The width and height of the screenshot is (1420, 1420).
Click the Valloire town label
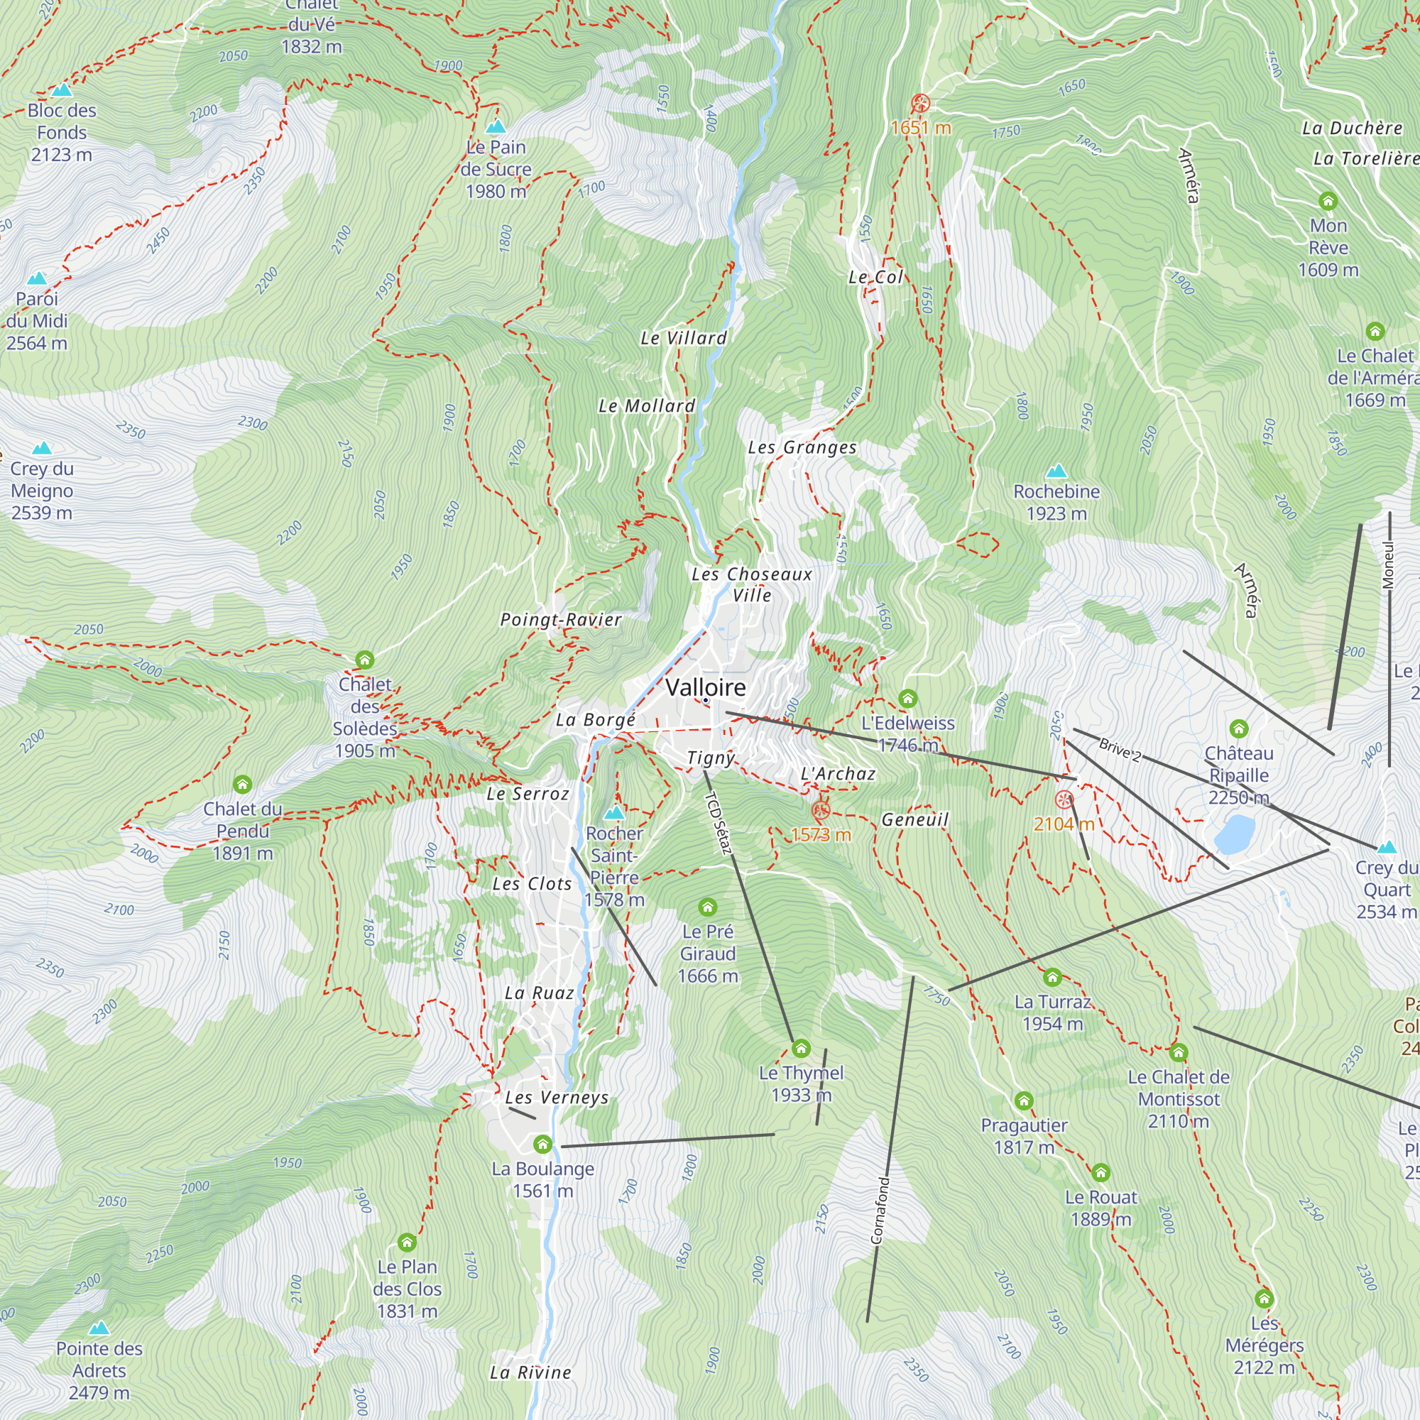pos(705,687)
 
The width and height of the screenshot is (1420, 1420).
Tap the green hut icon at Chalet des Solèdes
pos(364,660)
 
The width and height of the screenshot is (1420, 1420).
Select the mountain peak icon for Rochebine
pos(1056,471)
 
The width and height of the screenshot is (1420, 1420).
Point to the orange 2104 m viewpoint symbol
pos(1064,799)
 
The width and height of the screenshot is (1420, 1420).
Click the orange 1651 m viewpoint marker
pos(920,103)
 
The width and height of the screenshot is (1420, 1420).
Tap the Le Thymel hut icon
pos(801,1047)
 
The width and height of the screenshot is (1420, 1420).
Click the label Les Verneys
pos(557,1098)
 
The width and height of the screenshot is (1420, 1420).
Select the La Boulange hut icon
pos(542,1144)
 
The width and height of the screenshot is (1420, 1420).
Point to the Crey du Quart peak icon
pos(1386,847)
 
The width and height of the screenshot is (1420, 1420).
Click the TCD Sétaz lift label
pos(718,823)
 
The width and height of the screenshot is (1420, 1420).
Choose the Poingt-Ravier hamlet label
pos(561,620)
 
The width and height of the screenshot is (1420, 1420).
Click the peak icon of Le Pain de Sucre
pos(496,126)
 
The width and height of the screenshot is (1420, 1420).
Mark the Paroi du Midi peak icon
pos(37,278)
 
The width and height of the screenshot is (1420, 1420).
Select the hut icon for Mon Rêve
pos(1328,200)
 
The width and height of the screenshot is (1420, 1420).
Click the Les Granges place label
pos(802,447)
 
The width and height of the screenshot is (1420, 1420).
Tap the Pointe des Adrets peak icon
pos(99,1328)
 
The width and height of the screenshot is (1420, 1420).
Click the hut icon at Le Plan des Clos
pos(407,1242)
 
